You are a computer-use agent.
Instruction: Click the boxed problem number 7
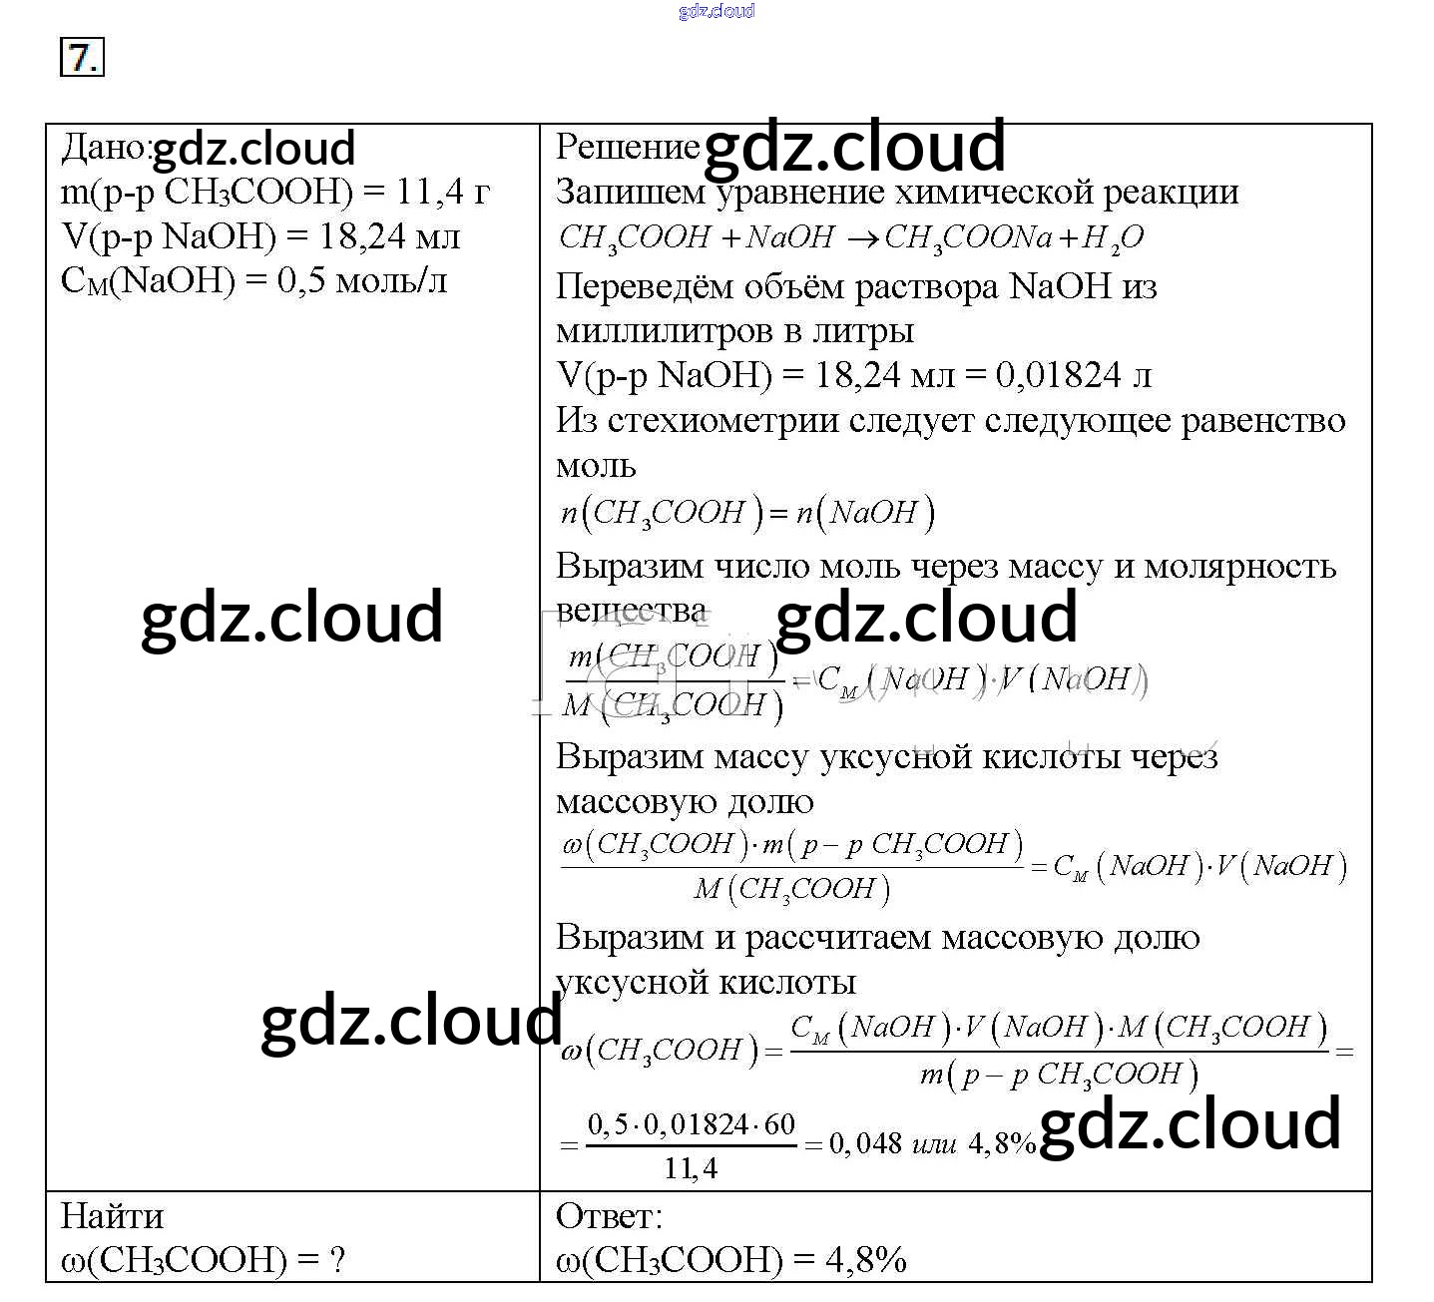82,58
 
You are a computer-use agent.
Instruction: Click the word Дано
102,148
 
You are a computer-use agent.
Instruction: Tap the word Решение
627,147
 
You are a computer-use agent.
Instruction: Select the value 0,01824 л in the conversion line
1074,375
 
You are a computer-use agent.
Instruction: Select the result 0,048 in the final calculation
865,1143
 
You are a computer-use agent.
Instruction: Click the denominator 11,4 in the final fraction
691,1168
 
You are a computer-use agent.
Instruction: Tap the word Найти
112,1216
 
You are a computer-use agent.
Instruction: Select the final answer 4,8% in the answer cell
865,1260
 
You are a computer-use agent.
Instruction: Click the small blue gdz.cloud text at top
716,11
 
